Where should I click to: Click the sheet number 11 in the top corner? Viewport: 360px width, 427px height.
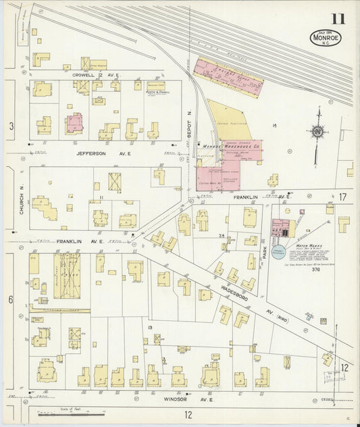[337, 18]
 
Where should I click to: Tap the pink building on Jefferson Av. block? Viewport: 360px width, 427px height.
[74, 122]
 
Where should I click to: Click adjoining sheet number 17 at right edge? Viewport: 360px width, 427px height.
[342, 197]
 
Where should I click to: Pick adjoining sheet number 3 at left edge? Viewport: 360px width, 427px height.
[11, 126]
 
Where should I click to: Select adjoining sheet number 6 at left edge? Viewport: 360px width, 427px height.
[11, 299]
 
